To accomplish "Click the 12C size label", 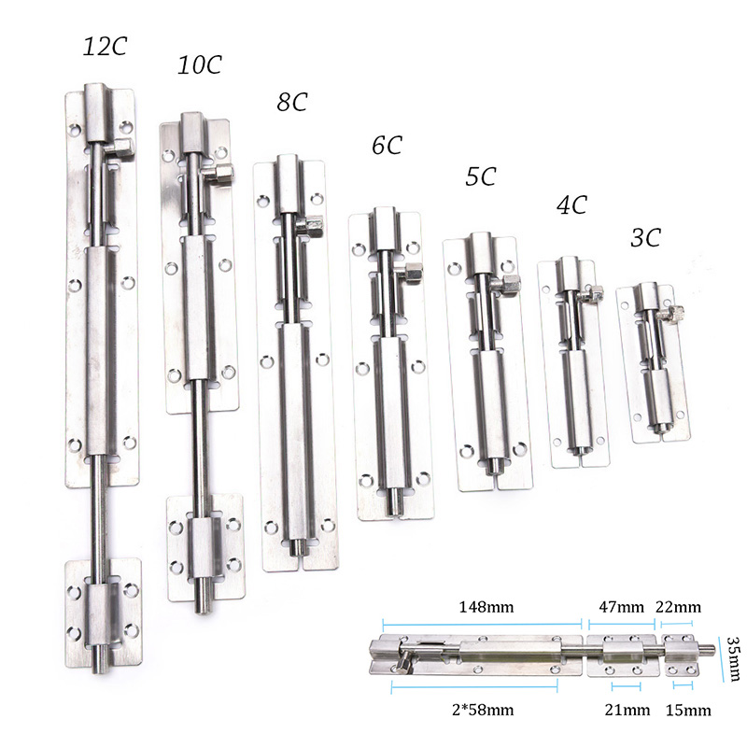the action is point(105,47).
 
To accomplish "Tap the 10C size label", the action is point(200,64).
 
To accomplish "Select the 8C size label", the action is point(292,102).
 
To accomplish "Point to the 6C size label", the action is point(387,145).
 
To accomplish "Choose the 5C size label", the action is point(481,176).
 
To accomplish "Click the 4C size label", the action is point(571,204).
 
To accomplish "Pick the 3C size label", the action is point(645,237).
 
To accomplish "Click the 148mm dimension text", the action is point(486,607).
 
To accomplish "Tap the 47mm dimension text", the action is point(621,607).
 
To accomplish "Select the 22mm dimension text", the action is point(679,607).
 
